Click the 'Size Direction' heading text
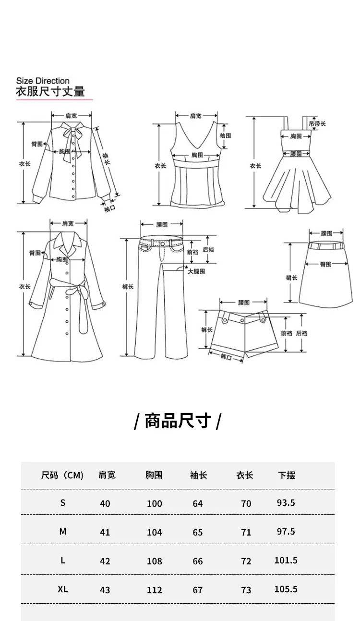click(43, 81)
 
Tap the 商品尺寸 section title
click(178, 421)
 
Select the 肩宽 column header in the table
click(107, 475)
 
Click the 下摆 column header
click(287, 475)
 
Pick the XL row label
click(63, 589)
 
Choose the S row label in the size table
click(63, 503)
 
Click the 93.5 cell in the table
click(286, 503)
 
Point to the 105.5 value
click(286, 589)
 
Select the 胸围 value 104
click(155, 532)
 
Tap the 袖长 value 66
click(198, 561)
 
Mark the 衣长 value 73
click(246, 590)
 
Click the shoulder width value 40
click(105, 503)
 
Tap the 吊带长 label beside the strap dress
click(317, 124)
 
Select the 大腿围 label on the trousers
click(196, 271)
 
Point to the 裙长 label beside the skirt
click(291, 278)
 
